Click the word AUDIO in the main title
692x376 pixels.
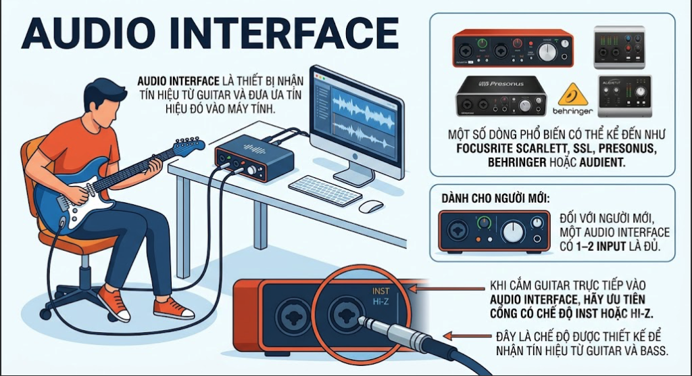(x=89, y=34)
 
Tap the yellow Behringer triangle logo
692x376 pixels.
(x=573, y=95)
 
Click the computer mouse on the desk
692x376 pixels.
(x=371, y=206)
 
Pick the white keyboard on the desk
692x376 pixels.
(x=325, y=190)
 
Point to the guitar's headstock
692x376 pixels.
(x=189, y=145)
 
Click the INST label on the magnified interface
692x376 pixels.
(x=380, y=291)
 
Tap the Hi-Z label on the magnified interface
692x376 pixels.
(x=380, y=302)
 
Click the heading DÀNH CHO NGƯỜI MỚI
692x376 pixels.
(x=495, y=198)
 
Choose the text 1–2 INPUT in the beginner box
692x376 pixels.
(x=601, y=246)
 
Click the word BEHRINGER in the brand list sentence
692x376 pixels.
(x=517, y=162)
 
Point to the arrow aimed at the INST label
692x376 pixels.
(x=447, y=289)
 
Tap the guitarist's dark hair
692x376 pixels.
(x=104, y=94)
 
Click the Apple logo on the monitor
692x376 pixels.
(x=355, y=157)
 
